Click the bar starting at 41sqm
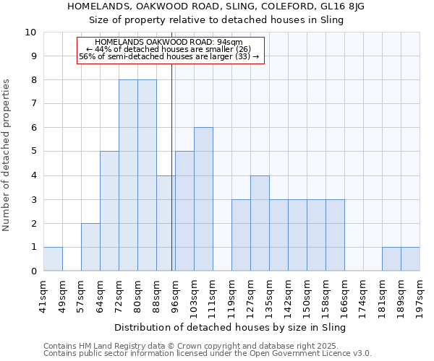click(53, 259)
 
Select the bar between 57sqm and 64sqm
click(90, 247)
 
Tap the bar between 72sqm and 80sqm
click(128, 175)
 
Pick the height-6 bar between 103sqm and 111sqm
click(203, 199)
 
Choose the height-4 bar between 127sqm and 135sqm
click(260, 223)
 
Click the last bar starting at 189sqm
click(410, 259)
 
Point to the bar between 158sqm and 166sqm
click(335, 235)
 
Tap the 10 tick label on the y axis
click(30, 32)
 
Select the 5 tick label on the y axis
click(33, 152)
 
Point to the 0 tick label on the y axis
click(33, 271)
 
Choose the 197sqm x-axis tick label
click(420, 296)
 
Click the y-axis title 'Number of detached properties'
click(7, 156)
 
